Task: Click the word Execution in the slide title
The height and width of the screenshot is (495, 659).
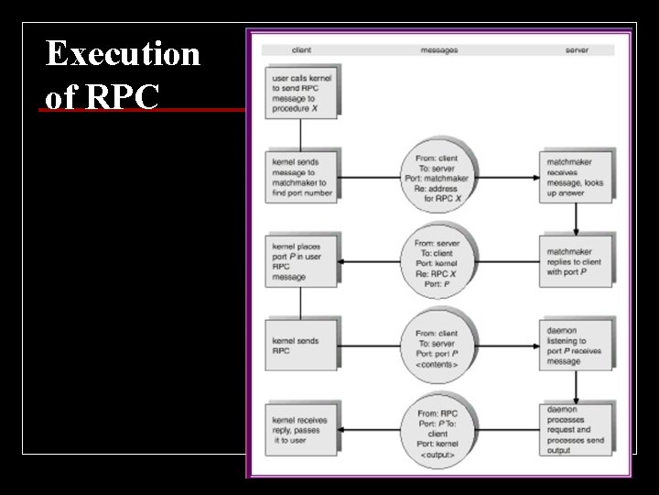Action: point(123,54)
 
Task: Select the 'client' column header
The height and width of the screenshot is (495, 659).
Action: point(301,50)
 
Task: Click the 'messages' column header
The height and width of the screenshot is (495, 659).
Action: point(439,50)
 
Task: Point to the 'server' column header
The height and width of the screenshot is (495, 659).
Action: point(577,50)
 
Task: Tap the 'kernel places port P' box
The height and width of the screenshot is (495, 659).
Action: point(300,261)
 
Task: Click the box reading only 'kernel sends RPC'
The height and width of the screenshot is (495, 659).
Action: point(300,345)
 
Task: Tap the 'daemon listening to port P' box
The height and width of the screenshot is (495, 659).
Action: point(576,345)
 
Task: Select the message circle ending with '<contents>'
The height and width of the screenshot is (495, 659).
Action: point(440,346)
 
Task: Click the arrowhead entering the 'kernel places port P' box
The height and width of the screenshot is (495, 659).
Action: point(341,262)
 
